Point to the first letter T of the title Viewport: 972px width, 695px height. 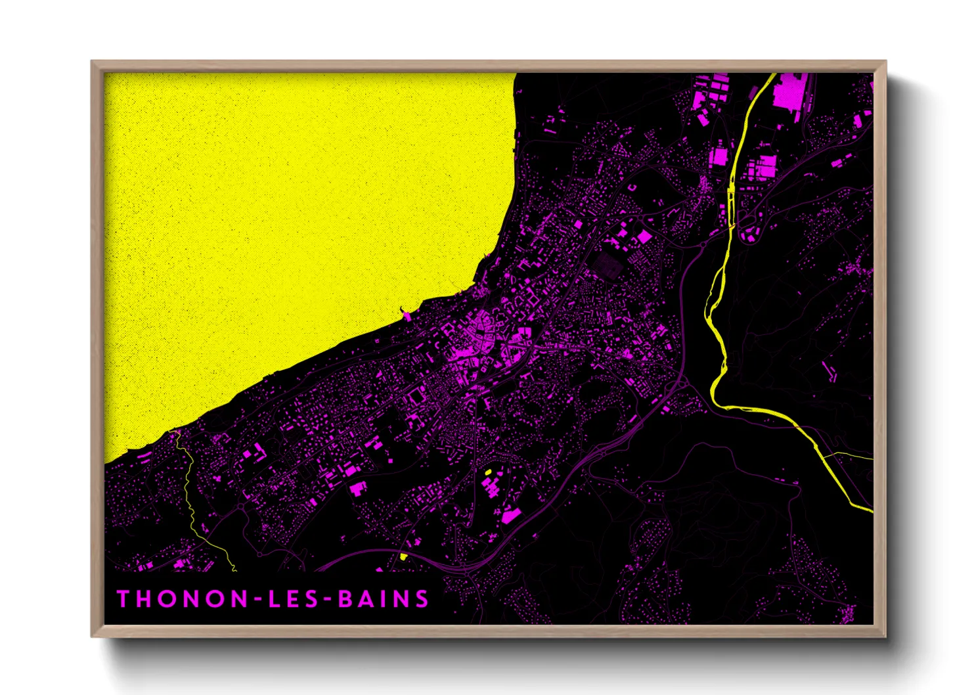point(123,599)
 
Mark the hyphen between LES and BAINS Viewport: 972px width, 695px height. point(329,600)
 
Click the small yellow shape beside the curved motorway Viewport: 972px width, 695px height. point(403,557)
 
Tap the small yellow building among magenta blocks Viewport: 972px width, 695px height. point(488,472)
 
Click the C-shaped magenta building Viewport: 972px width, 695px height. point(633,187)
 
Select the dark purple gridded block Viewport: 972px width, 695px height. point(608,265)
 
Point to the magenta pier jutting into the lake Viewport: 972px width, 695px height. point(407,316)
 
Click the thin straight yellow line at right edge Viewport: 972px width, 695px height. point(850,454)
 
